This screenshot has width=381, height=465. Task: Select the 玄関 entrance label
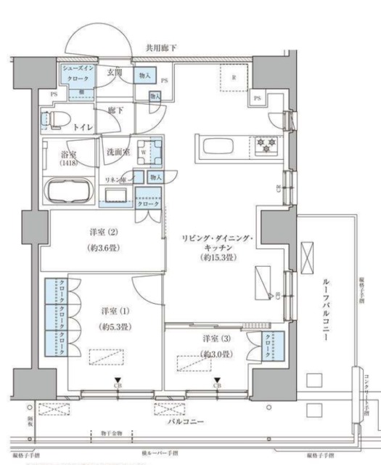pyautogui.click(x=115, y=73)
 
